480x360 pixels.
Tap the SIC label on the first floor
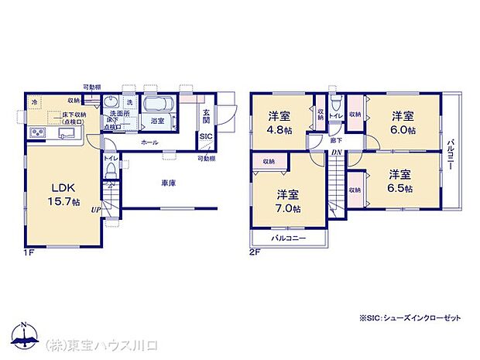[205, 136]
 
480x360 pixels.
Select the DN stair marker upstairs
[337, 153]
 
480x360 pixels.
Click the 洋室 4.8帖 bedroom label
[279, 122]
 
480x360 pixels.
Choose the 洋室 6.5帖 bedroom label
[401, 181]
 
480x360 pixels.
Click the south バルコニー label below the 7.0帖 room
[288, 238]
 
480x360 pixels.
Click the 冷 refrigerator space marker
[34, 101]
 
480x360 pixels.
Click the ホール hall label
[149, 143]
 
